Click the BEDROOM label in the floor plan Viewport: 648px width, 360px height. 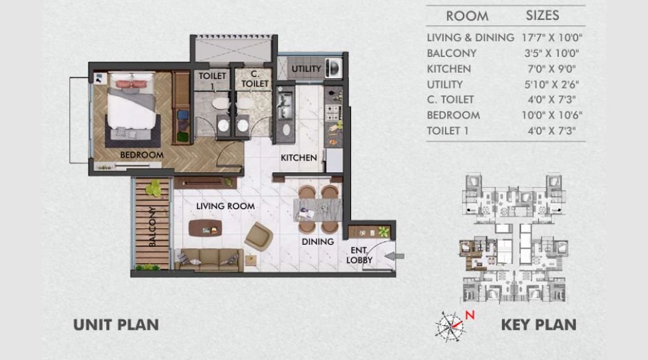pos(142,155)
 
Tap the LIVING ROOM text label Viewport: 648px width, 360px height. pos(225,206)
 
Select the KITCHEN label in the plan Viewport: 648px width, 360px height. pos(299,158)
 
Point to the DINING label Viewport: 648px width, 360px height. pos(317,241)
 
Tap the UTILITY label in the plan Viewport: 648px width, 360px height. pos(306,69)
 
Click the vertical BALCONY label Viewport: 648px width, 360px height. pos(153,226)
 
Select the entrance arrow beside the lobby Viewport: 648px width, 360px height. pos(396,256)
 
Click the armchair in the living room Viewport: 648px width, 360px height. pos(259,236)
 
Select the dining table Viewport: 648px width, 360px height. pos(318,208)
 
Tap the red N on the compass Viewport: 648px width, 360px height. pos(470,315)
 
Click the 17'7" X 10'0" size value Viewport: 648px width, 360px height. pos(552,38)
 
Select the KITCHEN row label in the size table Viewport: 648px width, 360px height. pos(448,69)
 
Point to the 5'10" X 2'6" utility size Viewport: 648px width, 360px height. pos(552,84)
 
